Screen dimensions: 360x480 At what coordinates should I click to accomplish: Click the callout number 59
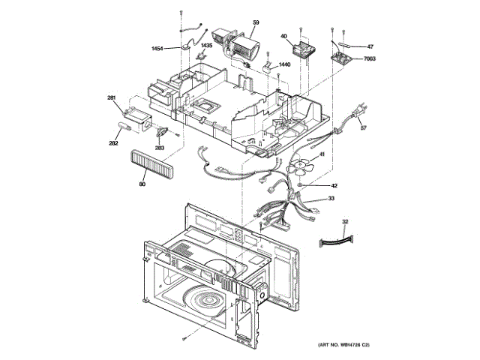click(x=256, y=23)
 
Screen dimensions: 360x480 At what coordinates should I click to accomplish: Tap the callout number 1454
click(x=157, y=49)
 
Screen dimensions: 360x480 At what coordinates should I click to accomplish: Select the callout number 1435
click(x=206, y=46)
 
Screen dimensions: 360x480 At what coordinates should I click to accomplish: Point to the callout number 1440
click(x=283, y=65)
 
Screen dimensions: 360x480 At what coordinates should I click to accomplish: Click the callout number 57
click(x=364, y=129)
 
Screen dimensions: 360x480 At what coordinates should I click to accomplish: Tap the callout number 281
click(x=111, y=98)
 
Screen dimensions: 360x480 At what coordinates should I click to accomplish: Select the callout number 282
click(x=113, y=142)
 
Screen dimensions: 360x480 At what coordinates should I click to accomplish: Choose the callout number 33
click(x=330, y=199)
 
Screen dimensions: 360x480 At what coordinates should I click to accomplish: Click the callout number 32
click(x=345, y=222)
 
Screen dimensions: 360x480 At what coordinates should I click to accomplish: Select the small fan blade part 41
click(x=300, y=168)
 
